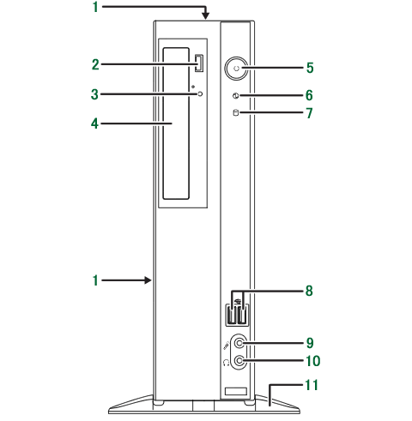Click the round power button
point(236,69)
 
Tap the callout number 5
point(310,68)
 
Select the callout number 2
point(95,64)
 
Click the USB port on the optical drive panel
point(199,63)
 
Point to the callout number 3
point(94,94)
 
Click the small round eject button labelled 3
point(200,93)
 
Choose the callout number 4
point(94,124)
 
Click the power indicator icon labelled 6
point(236,96)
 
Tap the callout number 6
point(309,95)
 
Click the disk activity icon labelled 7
point(236,112)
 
